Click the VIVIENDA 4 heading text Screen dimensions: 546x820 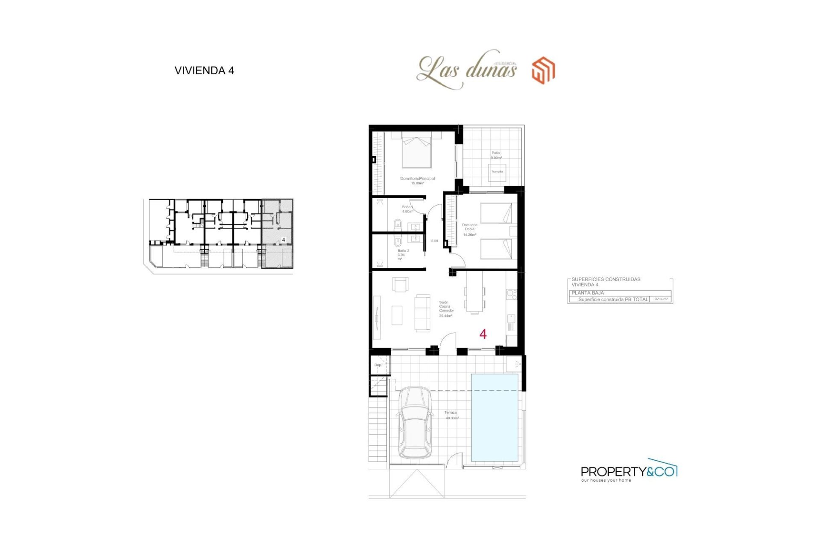pos(204,71)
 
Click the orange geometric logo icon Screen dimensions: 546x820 pos(543,70)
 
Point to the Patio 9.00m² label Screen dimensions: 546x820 pos(496,155)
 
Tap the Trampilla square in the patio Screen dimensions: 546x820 pos(497,172)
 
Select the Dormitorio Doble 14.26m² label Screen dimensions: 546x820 pos(469,229)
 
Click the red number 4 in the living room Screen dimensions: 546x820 pos(483,334)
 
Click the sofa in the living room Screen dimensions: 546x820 pos(422,313)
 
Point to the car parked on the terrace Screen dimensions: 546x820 pos(415,422)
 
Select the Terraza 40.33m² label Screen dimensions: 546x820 pos(451,415)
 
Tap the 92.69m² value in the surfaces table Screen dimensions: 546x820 pos(661,299)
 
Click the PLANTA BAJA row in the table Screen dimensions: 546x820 pos(619,293)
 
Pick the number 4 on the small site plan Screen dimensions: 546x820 pos(284,240)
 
